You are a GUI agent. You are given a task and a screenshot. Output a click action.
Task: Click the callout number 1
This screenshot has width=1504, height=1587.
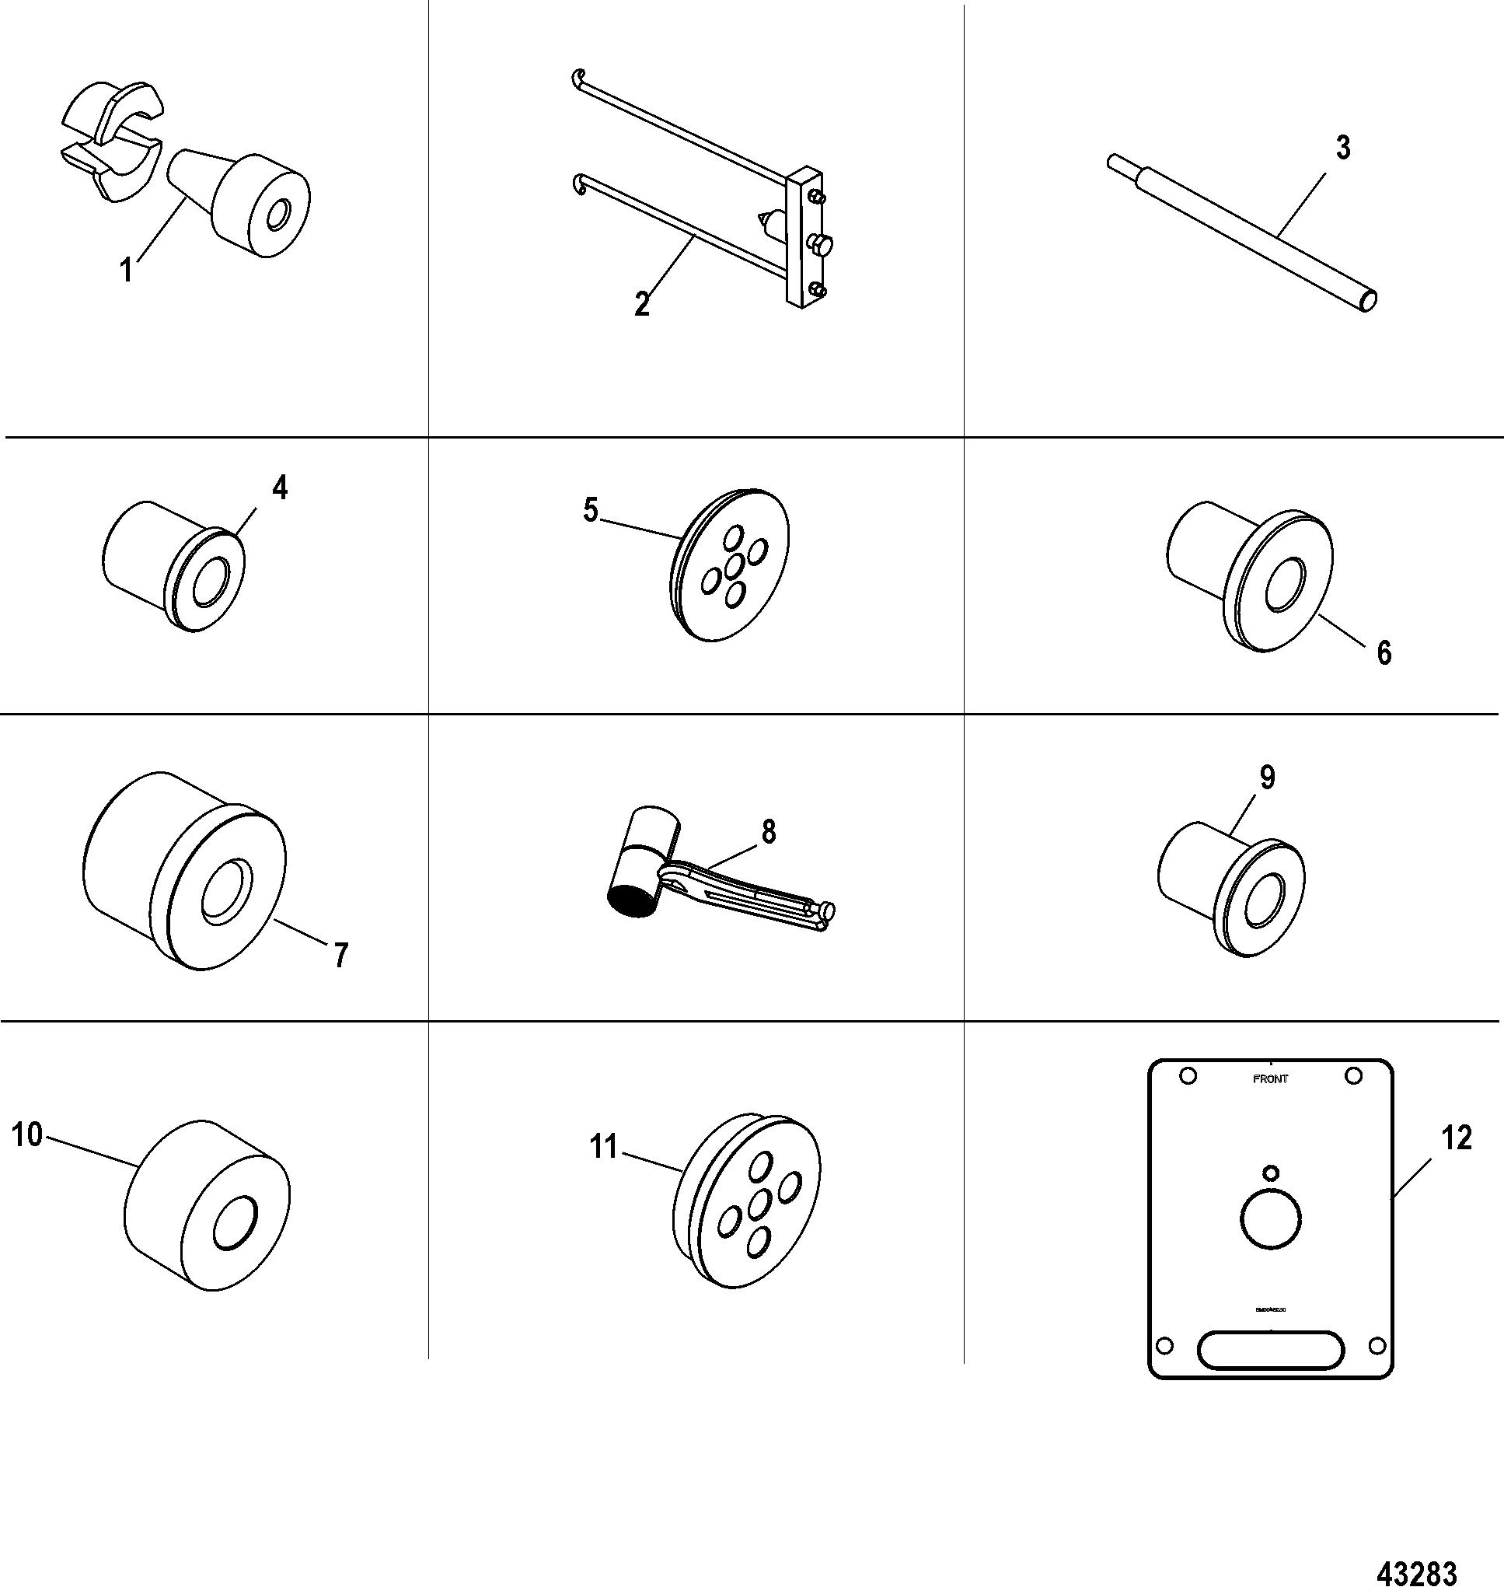(126, 271)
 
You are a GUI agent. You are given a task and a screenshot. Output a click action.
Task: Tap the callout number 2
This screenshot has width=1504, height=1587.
(641, 305)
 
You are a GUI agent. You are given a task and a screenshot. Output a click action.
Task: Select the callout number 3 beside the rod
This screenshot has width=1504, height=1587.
(1343, 148)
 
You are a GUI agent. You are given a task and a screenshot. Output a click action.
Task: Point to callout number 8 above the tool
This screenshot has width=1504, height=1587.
(769, 833)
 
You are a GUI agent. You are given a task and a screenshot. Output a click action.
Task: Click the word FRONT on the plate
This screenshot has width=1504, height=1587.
(1271, 1079)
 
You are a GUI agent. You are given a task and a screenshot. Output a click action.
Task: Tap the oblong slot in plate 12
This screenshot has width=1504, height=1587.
(1270, 1350)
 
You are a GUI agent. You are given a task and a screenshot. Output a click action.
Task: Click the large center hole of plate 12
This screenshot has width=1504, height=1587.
(1270, 1220)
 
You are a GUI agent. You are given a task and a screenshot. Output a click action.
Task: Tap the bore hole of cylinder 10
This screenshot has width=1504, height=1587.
(234, 1223)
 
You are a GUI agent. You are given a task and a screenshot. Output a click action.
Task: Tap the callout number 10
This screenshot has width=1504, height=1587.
(26, 1134)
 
